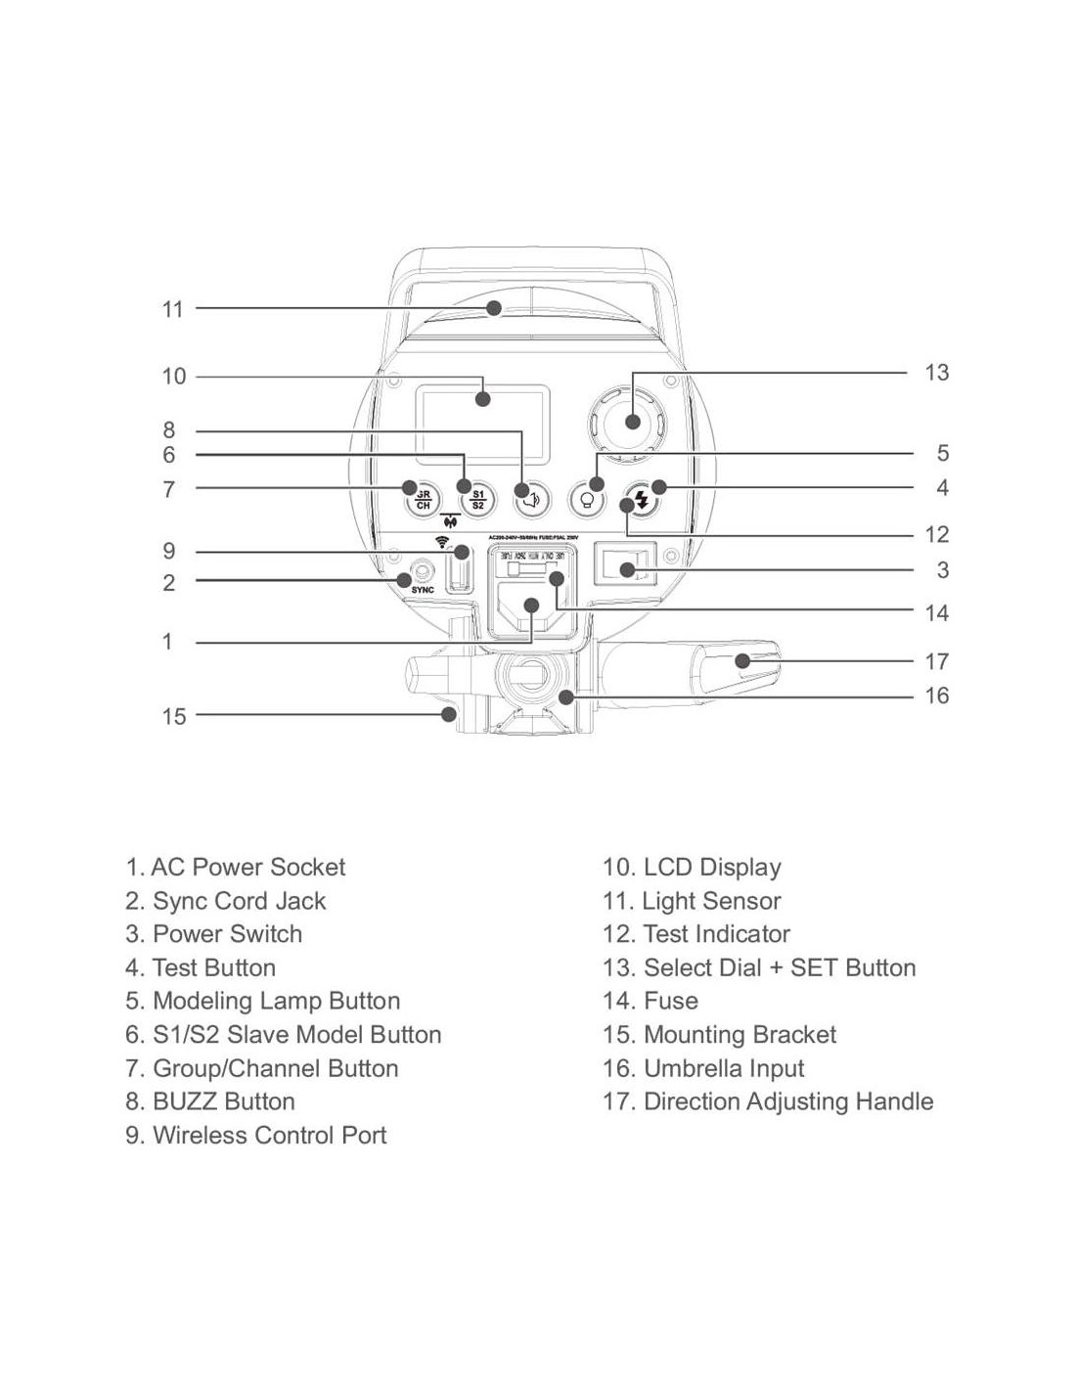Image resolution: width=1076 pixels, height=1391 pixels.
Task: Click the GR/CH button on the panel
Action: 423,499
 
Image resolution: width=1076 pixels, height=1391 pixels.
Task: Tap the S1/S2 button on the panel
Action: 477,499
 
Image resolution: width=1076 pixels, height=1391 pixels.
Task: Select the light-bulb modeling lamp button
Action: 587,500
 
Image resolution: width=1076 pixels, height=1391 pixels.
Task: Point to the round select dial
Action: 632,422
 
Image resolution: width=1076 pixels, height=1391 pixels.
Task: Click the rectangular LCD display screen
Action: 481,424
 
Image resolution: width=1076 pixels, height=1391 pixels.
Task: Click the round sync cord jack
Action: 422,569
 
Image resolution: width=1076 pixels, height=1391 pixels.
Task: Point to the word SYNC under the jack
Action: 422,590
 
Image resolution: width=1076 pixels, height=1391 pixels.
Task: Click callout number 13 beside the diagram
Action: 936,373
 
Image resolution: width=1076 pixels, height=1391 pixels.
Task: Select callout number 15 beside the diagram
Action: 173,717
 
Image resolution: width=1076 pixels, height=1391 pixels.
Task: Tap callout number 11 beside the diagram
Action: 173,310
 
